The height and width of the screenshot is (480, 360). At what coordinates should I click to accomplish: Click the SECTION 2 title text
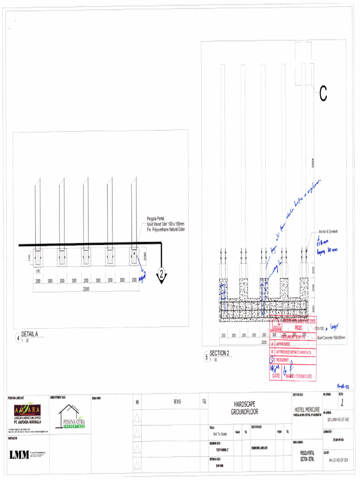click(219, 353)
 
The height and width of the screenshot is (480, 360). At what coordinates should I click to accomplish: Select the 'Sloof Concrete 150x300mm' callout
click(331, 337)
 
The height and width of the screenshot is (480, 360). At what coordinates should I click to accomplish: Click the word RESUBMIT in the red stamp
click(285, 360)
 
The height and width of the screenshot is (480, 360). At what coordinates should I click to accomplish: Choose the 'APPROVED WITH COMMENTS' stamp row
click(293, 352)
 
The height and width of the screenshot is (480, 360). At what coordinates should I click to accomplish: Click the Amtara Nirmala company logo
click(26, 412)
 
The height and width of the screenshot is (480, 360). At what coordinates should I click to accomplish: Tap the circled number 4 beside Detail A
click(18, 337)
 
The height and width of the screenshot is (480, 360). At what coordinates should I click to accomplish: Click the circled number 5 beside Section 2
click(206, 357)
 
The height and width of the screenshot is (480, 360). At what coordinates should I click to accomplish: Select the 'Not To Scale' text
click(220, 434)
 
